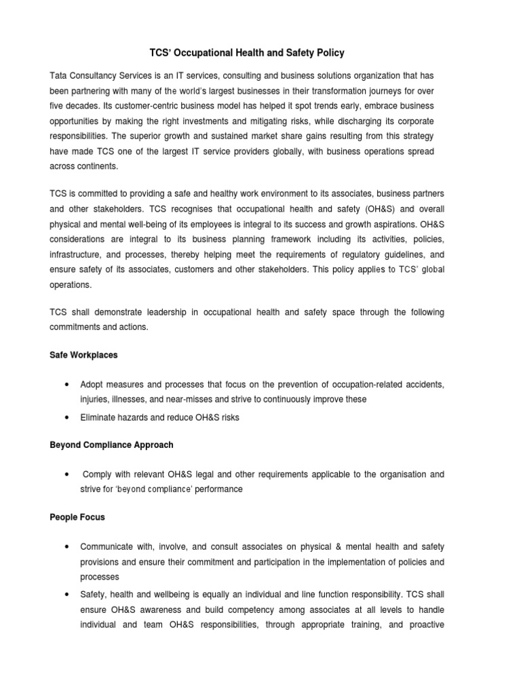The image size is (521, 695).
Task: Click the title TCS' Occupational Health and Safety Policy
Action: (x=260, y=52)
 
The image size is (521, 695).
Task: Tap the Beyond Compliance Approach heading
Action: (x=112, y=445)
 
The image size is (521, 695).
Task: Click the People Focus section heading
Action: (x=77, y=517)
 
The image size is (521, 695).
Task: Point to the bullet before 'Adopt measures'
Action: (x=66, y=385)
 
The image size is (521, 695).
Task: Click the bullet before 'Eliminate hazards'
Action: (x=66, y=417)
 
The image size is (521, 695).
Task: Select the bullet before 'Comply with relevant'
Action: (x=66, y=474)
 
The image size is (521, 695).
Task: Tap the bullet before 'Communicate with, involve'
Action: (x=66, y=546)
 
